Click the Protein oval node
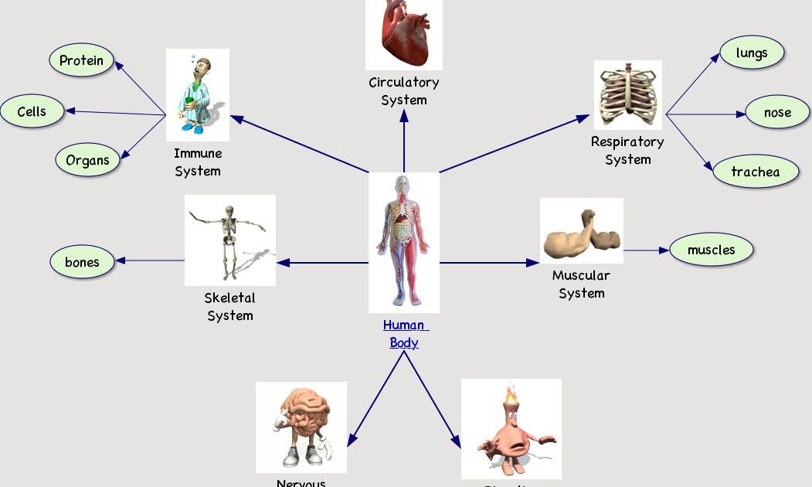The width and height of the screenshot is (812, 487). tap(81, 60)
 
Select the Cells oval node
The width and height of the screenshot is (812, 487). tap(32, 111)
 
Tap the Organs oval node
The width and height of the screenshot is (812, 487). tap(87, 161)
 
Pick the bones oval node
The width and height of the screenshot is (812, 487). tap(82, 262)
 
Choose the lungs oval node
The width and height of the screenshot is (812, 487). tap(752, 53)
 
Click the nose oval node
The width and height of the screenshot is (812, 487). tap(777, 112)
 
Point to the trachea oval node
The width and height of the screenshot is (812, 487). tap(755, 172)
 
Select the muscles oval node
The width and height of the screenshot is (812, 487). tap(711, 250)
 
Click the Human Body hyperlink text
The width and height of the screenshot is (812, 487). tap(405, 334)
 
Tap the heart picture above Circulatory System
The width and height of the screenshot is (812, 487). tap(404, 33)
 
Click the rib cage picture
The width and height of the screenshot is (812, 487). tap(627, 94)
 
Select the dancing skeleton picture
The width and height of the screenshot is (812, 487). tap(230, 240)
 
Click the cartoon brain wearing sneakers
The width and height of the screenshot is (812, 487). tap(301, 427)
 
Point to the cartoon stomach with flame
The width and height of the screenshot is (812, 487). tap(511, 429)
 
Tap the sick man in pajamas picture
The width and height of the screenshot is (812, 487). tap(198, 94)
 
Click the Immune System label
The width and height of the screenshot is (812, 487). tap(198, 162)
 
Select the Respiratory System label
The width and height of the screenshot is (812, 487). tap(627, 151)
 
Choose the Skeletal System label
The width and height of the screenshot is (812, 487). tap(230, 306)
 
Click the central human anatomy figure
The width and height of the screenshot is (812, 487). tap(404, 241)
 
